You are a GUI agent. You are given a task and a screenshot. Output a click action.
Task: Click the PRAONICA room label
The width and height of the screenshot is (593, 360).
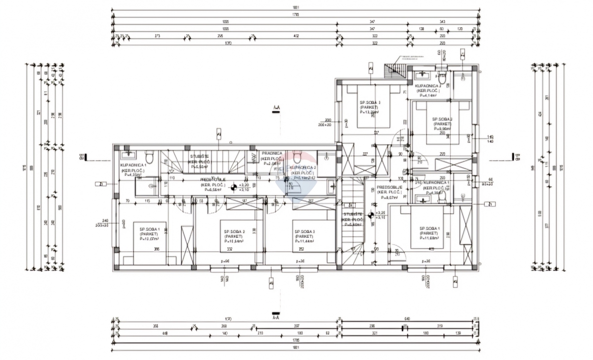pyautogui.click(x=271, y=154)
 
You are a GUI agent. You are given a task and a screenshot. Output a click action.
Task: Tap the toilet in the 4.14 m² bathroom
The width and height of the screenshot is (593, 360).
pyautogui.click(x=442, y=78)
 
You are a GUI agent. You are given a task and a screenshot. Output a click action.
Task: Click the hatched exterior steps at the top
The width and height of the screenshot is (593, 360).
pyautogui.click(x=395, y=71)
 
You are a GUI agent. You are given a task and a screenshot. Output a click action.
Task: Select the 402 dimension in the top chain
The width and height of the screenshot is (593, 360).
pyautogui.click(x=296, y=37)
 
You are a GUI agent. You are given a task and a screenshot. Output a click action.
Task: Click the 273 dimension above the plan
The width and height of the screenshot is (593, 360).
pyautogui.click(x=157, y=37)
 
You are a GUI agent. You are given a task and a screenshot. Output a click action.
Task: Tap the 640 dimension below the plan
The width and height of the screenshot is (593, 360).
pyautogui.click(x=407, y=318)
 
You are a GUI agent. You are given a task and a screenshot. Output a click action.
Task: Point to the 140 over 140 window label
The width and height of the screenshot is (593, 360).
pyautogui.click(x=490, y=139)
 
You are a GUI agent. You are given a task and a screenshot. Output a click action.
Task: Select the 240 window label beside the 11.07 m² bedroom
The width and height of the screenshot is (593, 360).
pyautogui.click(x=105, y=222)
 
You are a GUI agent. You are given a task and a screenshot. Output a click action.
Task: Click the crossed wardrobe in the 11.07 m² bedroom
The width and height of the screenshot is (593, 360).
pyautogui.click(x=187, y=245)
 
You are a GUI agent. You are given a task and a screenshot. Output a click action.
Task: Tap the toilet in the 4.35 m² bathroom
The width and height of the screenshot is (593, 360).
pyautogui.click(x=152, y=157)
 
